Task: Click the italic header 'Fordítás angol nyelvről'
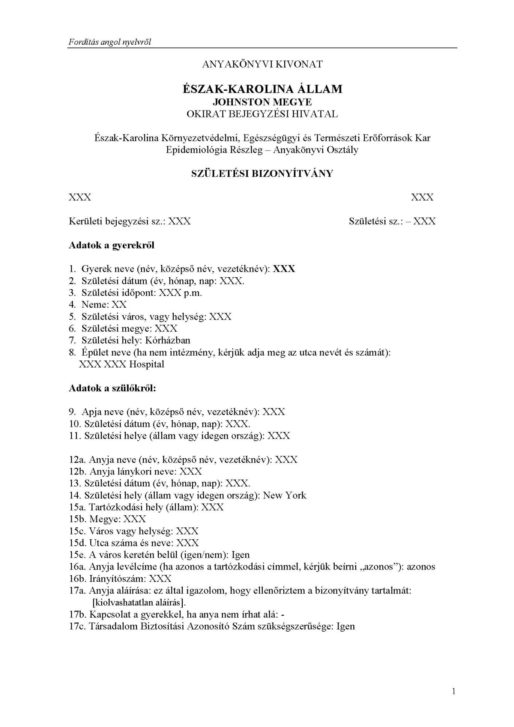coord(110,42)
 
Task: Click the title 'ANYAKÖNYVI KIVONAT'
coord(262,64)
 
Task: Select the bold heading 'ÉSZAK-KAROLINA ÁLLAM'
coord(262,89)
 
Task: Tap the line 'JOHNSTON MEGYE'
coord(262,102)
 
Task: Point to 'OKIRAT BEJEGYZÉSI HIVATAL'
coord(262,114)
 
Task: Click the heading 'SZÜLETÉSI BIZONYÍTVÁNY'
coord(262,174)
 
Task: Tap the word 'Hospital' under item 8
coord(147,364)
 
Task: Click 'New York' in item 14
coord(285,495)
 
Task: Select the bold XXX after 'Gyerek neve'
coord(284,269)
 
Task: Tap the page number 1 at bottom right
coord(454,692)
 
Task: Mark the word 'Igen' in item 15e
coord(240,555)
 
